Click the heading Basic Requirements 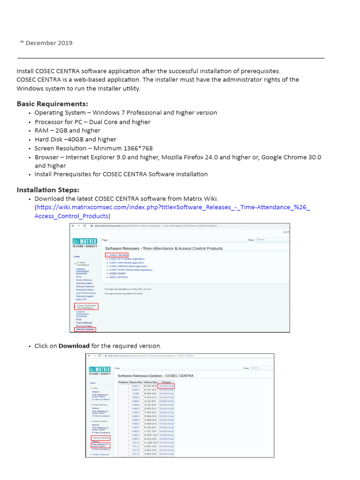[x=52, y=104]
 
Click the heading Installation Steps [x=48, y=190]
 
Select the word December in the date [x=41, y=43]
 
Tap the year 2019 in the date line [x=66, y=43]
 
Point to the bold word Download [x=74, y=346]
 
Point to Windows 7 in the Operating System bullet [x=108, y=112]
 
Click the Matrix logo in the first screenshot [x=84, y=242]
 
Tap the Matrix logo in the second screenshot [x=99, y=371]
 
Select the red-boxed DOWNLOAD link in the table [x=166, y=386]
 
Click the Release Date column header [x=150, y=382]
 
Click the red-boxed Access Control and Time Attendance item [x=86, y=307]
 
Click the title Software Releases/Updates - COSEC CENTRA [x=155, y=376]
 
